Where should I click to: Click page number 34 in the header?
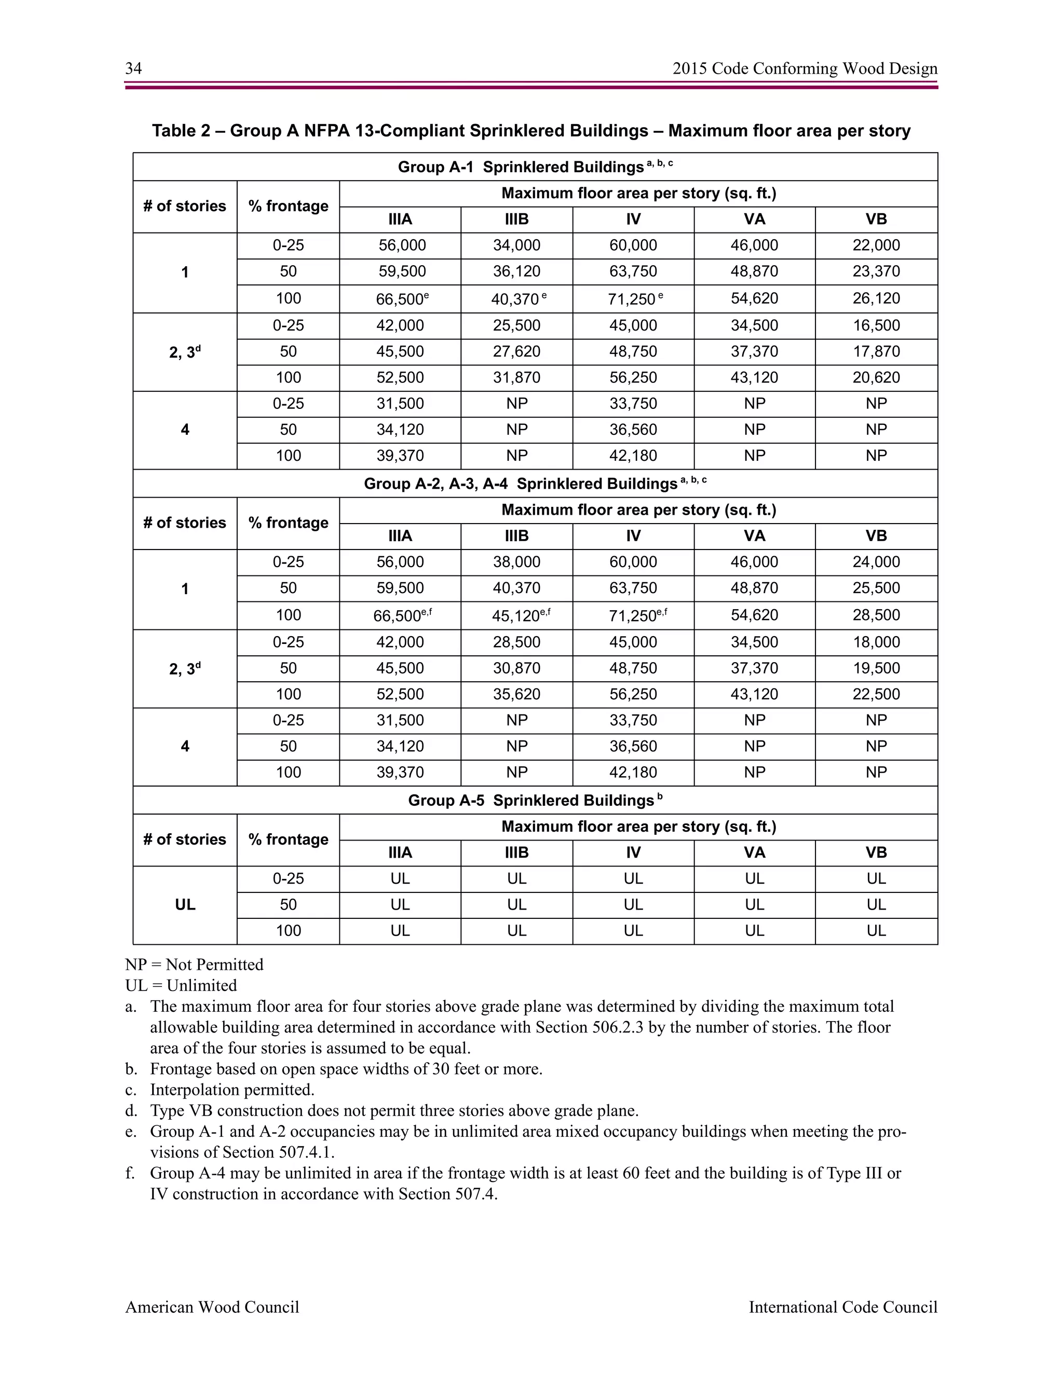click(133, 68)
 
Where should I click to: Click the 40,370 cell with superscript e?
click(516, 299)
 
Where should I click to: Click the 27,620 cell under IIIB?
click(516, 351)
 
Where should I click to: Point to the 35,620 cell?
click(516, 694)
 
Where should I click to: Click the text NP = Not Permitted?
click(194, 965)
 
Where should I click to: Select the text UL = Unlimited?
click(181, 985)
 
